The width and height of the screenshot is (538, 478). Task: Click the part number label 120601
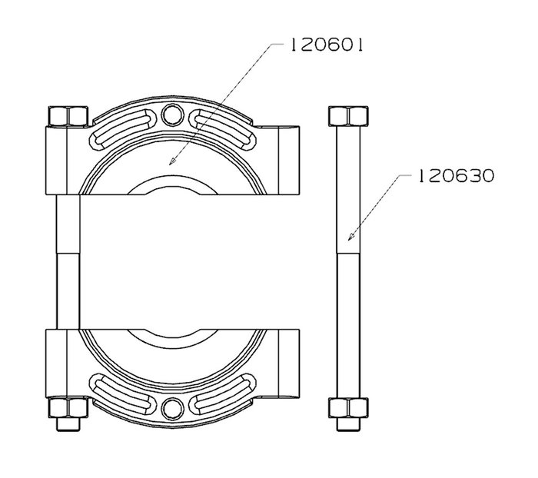[327, 45]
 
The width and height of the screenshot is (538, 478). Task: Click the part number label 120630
[457, 176]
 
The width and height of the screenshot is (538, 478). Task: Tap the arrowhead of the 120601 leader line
[172, 161]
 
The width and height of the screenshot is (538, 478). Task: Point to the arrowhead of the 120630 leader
[351, 236]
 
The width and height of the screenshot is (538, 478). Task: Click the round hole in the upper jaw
[172, 115]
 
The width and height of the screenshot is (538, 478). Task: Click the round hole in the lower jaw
[172, 409]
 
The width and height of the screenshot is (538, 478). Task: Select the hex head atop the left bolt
[68, 116]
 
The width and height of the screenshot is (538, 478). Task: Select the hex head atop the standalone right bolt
[348, 116]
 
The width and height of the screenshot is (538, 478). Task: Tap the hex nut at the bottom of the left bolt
[68, 407]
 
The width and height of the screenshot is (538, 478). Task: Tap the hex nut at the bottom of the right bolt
[348, 407]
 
